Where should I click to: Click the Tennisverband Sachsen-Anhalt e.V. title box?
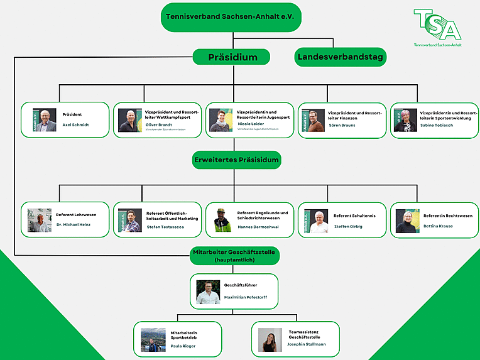231,17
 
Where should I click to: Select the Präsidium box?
232,57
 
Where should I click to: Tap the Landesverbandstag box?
341,57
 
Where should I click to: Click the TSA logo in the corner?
437,29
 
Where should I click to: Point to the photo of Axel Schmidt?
45,120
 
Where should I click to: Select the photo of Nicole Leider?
221,120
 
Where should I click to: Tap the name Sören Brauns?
342,125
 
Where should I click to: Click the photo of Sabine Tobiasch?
405,120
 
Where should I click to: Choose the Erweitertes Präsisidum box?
236,160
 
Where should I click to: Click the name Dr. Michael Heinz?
73,224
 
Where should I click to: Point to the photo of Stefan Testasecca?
130,221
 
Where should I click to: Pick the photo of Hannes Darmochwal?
222,221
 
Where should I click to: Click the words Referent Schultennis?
354,215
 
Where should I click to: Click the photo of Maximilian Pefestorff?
208,292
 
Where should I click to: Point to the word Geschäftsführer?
241,285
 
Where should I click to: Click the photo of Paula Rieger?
153,340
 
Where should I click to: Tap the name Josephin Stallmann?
307,344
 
